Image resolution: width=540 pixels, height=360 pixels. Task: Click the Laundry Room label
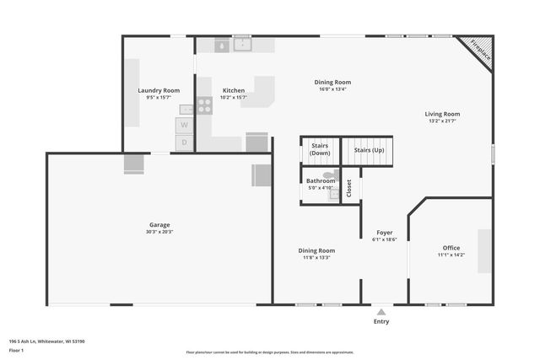point(159,90)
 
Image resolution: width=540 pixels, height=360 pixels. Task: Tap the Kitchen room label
point(234,90)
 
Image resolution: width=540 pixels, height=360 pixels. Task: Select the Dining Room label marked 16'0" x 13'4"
point(332,82)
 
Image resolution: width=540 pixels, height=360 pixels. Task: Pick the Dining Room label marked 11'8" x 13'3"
point(316,250)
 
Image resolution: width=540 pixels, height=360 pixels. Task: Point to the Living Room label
point(442,114)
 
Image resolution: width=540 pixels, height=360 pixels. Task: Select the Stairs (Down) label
point(320,149)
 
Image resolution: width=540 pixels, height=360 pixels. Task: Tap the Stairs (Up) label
point(368,149)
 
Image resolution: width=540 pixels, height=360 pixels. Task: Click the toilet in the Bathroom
point(329,175)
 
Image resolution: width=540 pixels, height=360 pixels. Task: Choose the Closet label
point(349,189)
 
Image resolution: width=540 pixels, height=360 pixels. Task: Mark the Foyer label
point(384,232)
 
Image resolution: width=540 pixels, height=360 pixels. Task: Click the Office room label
point(451,248)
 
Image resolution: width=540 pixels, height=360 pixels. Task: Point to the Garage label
point(159,225)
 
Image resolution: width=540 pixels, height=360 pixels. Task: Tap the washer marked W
point(185,126)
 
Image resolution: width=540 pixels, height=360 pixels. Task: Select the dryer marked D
point(185,143)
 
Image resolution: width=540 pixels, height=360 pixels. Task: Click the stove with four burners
point(204,105)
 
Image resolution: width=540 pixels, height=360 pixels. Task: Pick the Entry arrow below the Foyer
point(381,311)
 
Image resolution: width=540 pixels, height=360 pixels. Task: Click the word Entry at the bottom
point(381,321)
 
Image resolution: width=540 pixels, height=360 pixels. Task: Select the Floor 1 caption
point(16,350)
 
